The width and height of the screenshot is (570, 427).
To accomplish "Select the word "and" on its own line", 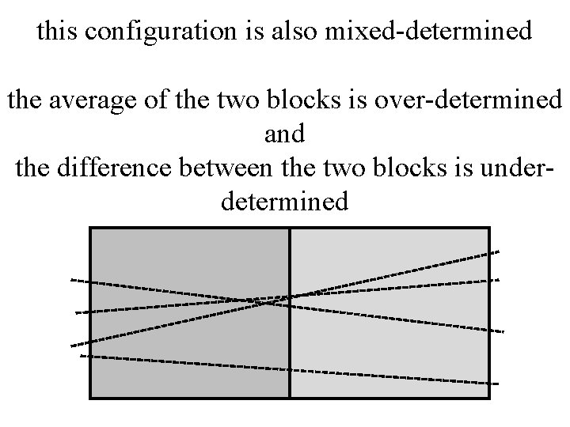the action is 284,134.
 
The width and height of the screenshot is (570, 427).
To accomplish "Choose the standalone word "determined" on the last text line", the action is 284,202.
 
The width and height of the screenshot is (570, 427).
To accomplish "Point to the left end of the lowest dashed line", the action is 82,357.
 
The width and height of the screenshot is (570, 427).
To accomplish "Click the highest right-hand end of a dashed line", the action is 498,251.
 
